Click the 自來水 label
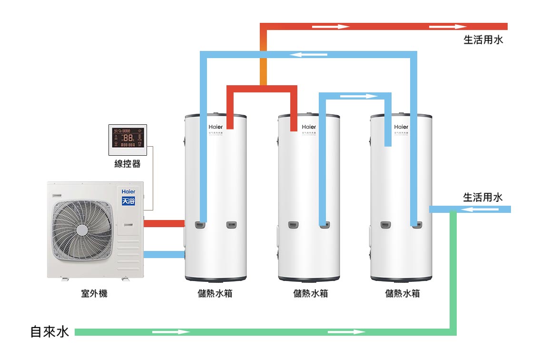tap(49, 332)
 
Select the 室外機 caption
tap(94, 294)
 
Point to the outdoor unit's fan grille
tap(82, 230)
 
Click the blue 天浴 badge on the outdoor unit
tap(128, 200)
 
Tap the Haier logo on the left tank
tap(215, 127)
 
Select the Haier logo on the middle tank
tap(309, 127)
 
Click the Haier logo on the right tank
tap(401, 127)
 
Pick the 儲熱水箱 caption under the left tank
tap(215, 294)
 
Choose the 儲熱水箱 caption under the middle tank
tap(311, 294)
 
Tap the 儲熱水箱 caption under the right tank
tap(403, 294)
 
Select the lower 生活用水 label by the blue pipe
tap(483, 197)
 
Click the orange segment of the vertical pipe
tap(264, 67)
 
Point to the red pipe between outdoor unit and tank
tap(164, 223)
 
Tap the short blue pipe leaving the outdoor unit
tap(164, 254)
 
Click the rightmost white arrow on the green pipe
tap(340, 332)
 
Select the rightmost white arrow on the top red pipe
tap(448, 27)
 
